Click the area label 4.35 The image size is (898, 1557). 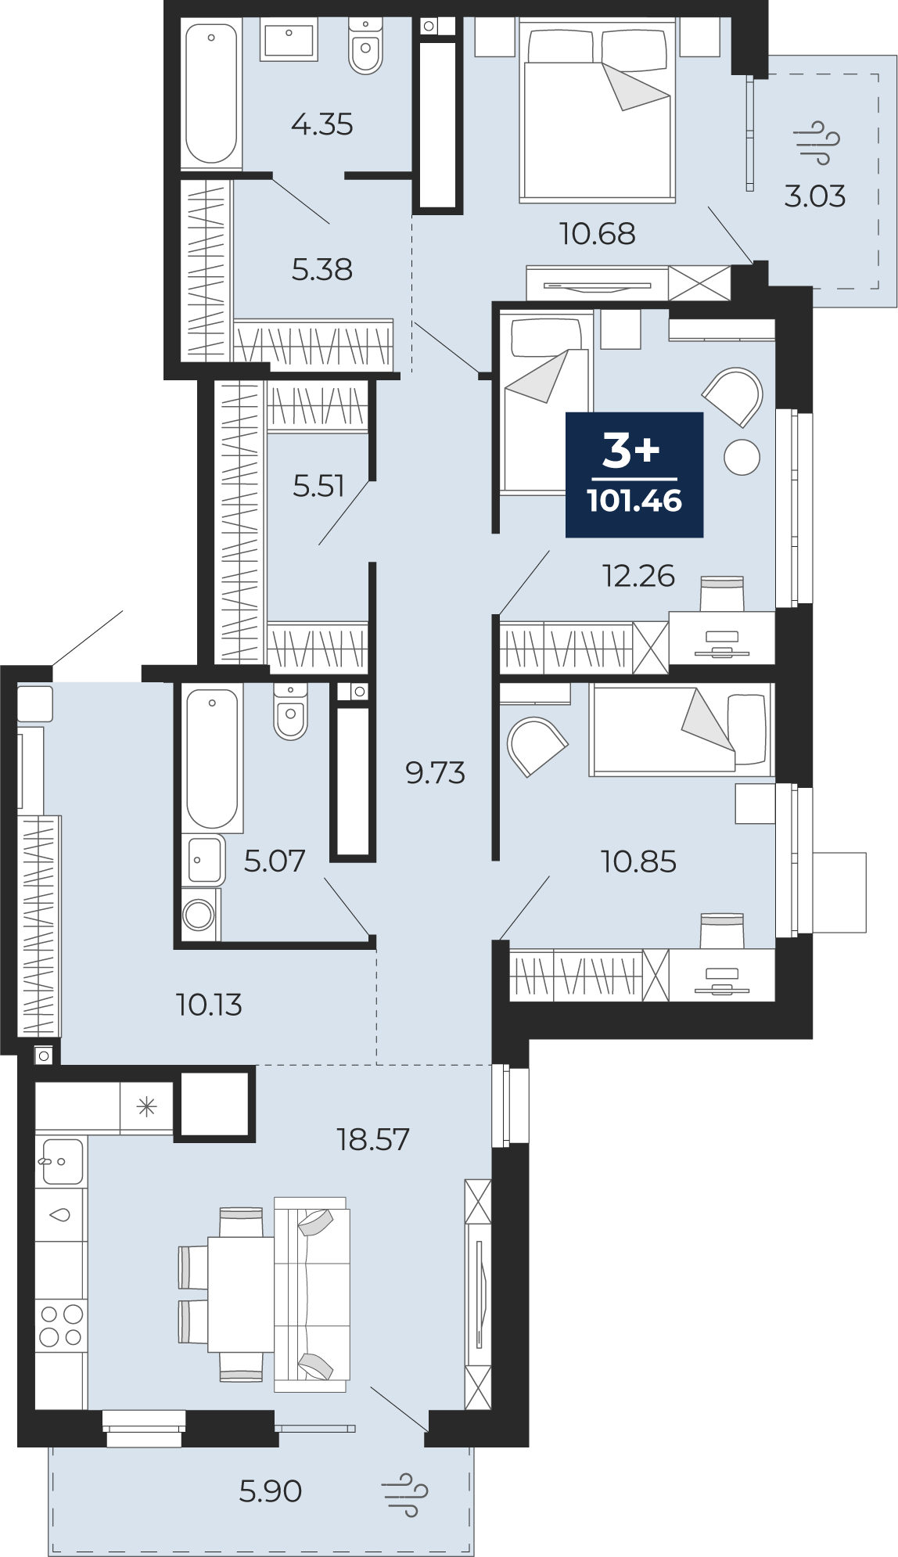(x=321, y=124)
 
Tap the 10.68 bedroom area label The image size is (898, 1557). (x=597, y=233)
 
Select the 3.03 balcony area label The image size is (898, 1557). (x=815, y=196)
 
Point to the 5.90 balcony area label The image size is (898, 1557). (x=271, y=1490)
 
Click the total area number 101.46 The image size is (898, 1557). (x=634, y=501)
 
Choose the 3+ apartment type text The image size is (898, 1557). (x=631, y=451)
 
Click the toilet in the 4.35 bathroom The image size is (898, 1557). (x=365, y=47)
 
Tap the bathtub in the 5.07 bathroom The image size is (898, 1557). (x=212, y=758)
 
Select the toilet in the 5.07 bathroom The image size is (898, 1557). (x=290, y=711)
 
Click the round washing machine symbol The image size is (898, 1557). (x=199, y=914)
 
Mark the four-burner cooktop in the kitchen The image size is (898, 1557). (x=61, y=1325)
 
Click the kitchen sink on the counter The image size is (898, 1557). (x=62, y=1161)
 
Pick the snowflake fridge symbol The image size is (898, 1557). (x=147, y=1106)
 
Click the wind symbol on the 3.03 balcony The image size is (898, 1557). (x=817, y=142)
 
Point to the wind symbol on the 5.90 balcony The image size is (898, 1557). (x=405, y=1494)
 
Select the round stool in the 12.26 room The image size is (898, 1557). (x=742, y=457)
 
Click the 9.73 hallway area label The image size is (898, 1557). (x=435, y=772)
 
